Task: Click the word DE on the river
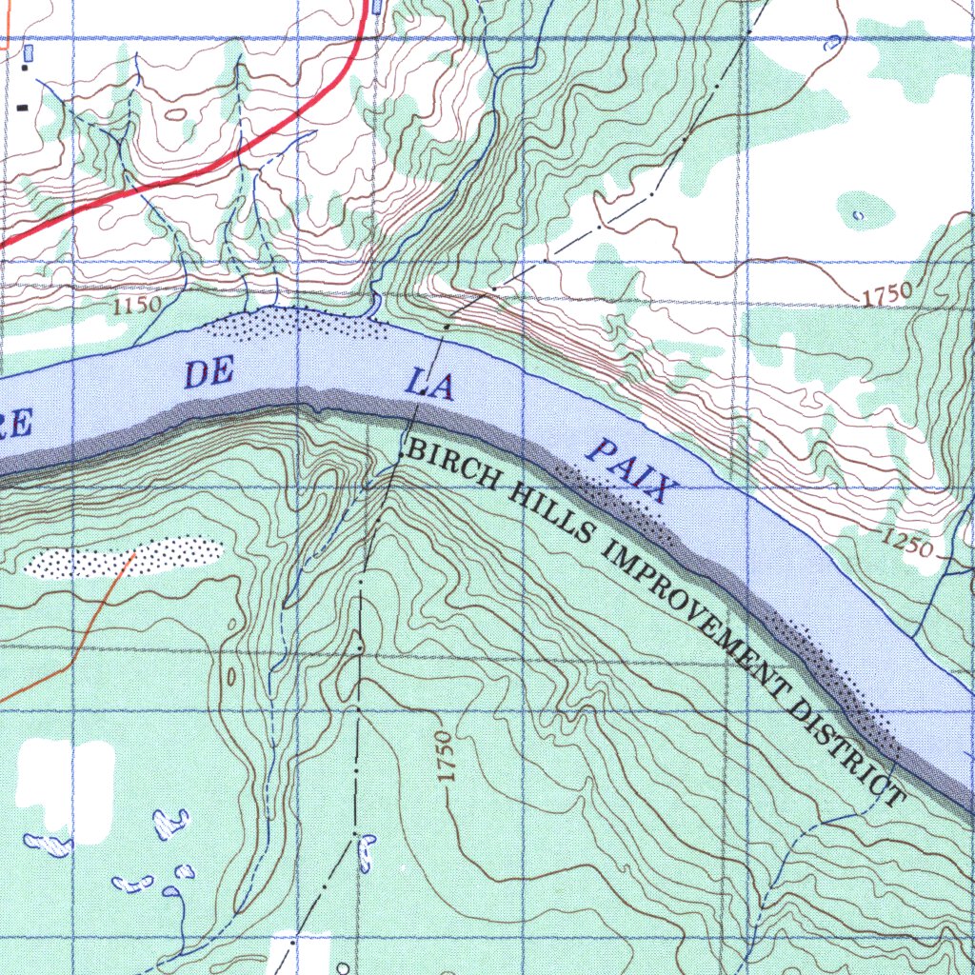[x=209, y=373]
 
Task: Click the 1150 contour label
[x=136, y=307]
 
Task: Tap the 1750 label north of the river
[x=889, y=295]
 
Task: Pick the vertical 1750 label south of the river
[x=445, y=758]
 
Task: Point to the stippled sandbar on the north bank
[x=295, y=324]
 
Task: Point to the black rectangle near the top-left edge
[x=21, y=95]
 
